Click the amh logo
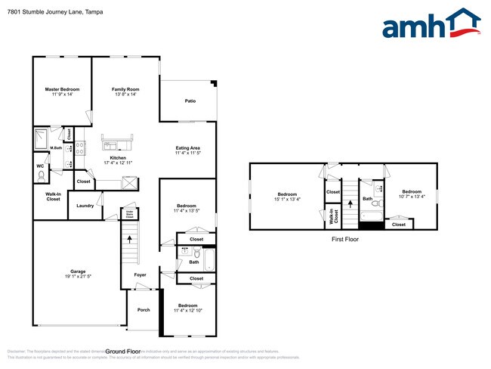pos(431,24)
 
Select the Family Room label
pos(125,91)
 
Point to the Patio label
pos(191,101)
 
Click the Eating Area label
pos(187,150)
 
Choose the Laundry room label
pos(85,204)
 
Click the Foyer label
pos(141,274)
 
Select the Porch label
pos(144,310)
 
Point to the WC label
pos(40,166)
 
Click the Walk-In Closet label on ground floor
pos(52,197)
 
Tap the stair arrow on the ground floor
pos(131,240)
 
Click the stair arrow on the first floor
pos(350,203)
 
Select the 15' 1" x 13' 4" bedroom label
pos(287,197)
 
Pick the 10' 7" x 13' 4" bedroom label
pos(411,194)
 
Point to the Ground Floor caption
pos(123,352)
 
